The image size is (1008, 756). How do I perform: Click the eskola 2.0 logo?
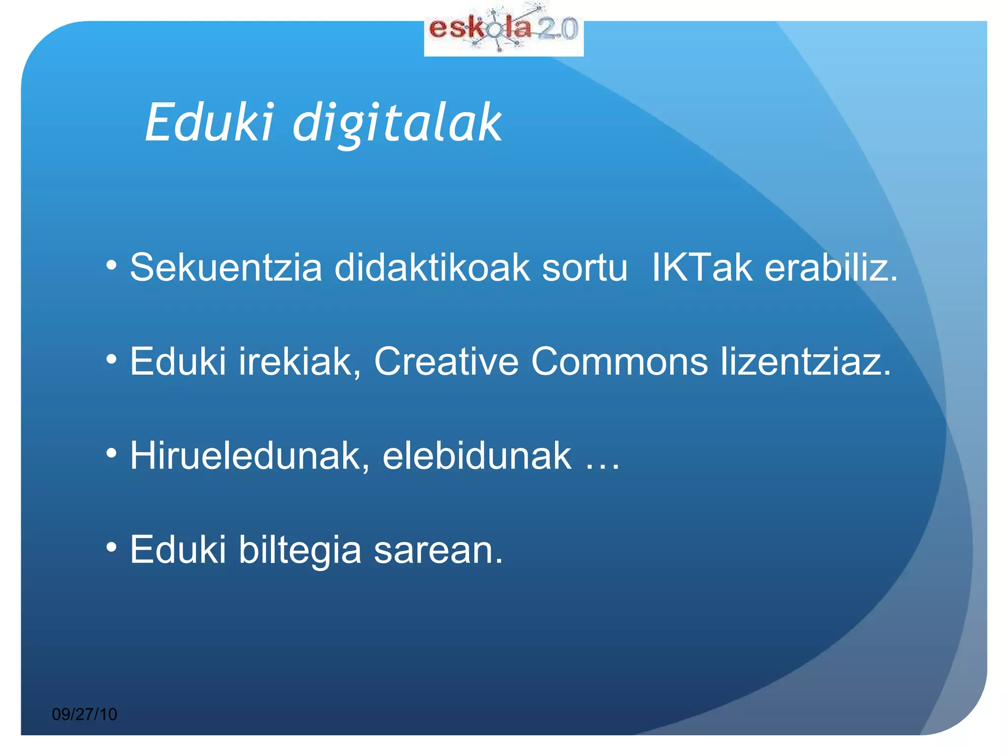(504, 31)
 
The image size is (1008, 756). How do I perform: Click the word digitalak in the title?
(397, 123)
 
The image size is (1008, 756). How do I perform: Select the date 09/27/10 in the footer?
(84, 714)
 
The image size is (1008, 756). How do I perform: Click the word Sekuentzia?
(226, 268)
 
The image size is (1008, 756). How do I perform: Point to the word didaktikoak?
(432, 268)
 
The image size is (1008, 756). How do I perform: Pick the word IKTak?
(702, 268)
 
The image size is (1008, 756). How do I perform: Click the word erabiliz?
(831, 268)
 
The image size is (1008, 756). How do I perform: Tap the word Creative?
(446, 362)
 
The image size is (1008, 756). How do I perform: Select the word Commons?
(619, 362)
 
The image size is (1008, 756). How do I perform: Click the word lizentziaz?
(805, 362)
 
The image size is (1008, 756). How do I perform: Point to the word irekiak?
(300, 362)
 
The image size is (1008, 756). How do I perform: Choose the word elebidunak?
(477, 456)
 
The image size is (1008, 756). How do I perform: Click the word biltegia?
(300, 550)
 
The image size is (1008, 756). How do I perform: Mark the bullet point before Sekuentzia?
(112, 266)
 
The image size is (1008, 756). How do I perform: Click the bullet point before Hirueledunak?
(112, 454)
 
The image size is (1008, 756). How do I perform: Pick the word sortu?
(585, 268)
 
